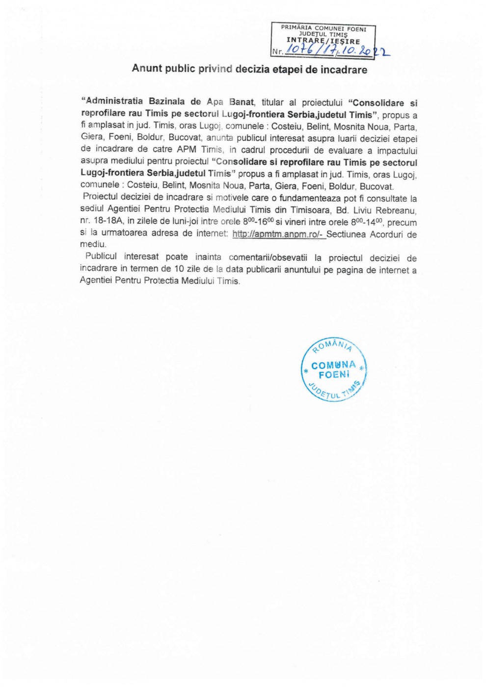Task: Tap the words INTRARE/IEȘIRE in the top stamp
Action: tap(323, 41)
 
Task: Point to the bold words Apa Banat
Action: tap(230, 102)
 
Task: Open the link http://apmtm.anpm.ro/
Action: tap(277, 234)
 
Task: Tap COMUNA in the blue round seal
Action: tap(333, 365)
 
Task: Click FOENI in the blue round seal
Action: tap(334, 375)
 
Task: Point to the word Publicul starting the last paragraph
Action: tap(101, 257)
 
